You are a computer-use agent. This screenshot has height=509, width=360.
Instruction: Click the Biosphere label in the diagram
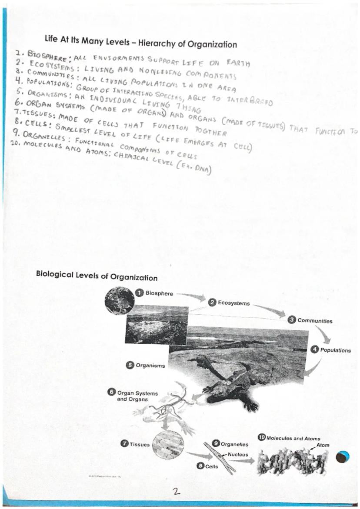[159, 293]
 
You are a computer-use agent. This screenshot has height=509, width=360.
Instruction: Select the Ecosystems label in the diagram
[233, 303]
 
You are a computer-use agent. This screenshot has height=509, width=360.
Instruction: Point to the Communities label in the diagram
[315, 321]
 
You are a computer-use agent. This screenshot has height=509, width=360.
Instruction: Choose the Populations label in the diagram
[335, 350]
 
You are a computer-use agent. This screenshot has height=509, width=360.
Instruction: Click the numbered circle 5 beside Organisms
[130, 366]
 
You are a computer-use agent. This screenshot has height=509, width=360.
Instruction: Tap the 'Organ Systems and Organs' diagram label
[131, 396]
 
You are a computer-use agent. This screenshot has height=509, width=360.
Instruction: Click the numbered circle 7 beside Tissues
[124, 444]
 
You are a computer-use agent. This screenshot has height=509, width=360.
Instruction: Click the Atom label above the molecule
[323, 445]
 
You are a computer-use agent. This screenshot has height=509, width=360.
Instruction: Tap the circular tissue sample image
[168, 445]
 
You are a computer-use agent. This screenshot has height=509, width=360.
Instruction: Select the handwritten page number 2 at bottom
[176, 491]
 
